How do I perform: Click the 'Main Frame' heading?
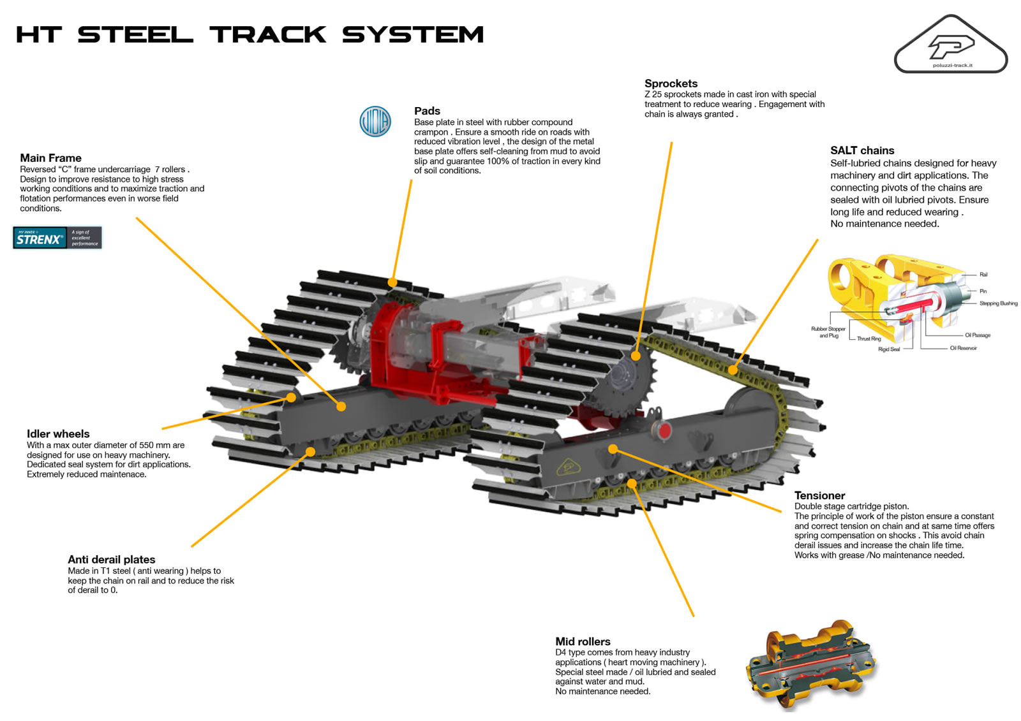pyautogui.click(x=50, y=158)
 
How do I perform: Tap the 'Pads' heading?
pyautogui.click(x=427, y=111)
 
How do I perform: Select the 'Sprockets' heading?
pyautogui.click(x=671, y=84)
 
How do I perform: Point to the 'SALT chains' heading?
pyautogui.click(x=862, y=150)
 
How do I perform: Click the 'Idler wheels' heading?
pyautogui.click(x=58, y=434)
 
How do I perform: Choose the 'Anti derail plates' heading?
pyautogui.click(x=112, y=560)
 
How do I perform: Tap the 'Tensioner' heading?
pyautogui.click(x=819, y=495)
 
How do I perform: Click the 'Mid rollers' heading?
pyautogui.click(x=583, y=641)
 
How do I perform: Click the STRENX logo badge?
pyautogui.click(x=57, y=238)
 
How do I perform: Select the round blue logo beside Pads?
pyautogui.click(x=375, y=121)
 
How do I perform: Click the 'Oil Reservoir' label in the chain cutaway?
pyautogui.click(x=963, y=348)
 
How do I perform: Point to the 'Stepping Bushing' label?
pyautogui.click(x=998, y=303)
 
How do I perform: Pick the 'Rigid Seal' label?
pyautogui.click(x=888, y=349)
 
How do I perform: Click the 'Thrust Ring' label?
pyautogui.click(x=868, y=339)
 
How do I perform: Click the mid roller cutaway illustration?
pyautogui.click(x=810, y=666)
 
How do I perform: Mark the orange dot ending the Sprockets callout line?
pyautogui.click(x=636, y=356)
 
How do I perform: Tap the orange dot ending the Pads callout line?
pyautogui.click(x=392, y=282)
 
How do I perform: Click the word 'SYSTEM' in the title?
pyautogui.click(x=413, y=34)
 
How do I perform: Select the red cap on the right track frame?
pyautogui.click(x=665, y=430)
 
